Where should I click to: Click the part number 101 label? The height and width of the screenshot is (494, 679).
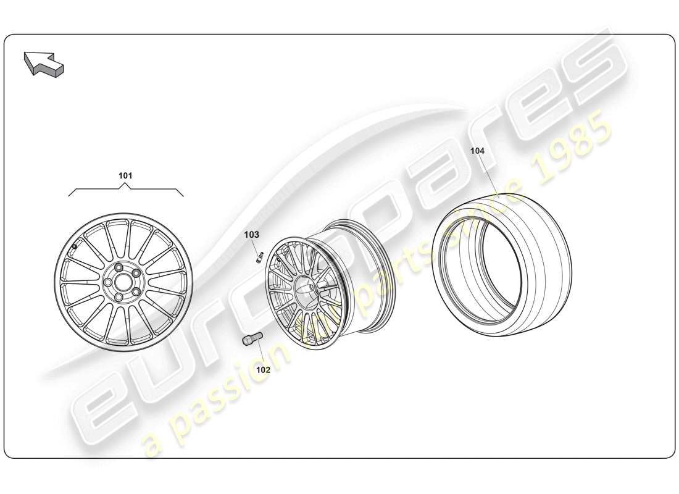coord(125,175)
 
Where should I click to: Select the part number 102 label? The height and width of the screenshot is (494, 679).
coord(263,370)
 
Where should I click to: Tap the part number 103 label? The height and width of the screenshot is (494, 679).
coord(252,235)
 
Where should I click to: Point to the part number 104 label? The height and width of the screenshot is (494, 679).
coord(478,151)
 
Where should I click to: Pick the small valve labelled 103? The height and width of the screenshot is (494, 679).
coord(260,257)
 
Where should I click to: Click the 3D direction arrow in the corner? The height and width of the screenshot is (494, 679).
coord(44,64)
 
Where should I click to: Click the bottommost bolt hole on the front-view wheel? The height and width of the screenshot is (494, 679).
coord(117,297)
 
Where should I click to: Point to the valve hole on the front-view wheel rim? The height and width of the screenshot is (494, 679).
coord(75,248)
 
